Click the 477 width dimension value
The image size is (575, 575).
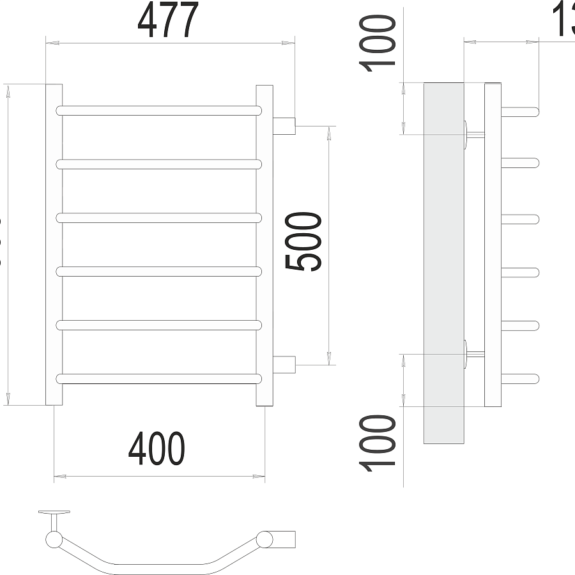169,21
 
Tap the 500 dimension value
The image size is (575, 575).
303,242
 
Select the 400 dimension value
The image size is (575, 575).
157,448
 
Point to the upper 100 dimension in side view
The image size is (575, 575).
378,43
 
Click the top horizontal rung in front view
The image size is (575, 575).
159,110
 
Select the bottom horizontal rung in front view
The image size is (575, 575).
159,378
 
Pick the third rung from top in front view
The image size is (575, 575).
159,218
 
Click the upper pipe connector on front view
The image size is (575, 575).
284,125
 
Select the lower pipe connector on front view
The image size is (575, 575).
284,364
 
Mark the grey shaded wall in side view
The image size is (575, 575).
444,262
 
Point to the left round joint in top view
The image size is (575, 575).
53,540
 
